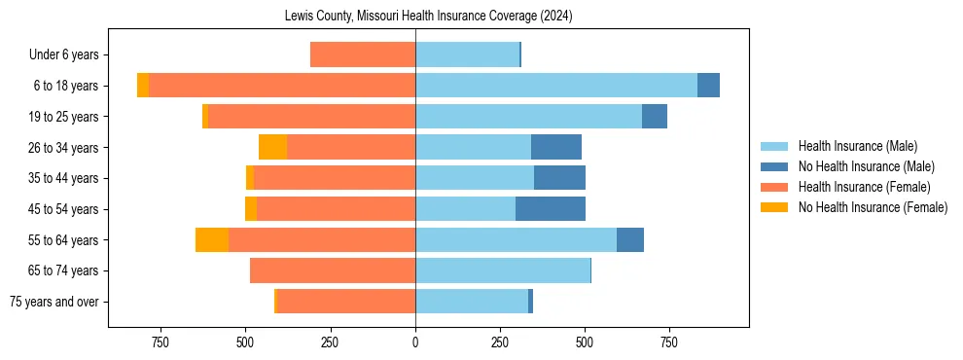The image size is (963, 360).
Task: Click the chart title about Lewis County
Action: click(429, 17)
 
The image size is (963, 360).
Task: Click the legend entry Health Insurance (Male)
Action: click(857, 146)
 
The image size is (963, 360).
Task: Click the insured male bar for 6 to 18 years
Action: click(555, 86)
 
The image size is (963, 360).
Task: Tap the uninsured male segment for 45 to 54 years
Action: click(550, 209)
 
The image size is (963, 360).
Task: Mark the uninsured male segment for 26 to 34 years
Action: click(555, 147)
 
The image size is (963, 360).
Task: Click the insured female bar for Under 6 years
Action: click(362, 55)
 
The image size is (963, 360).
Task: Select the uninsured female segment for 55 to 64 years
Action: click(211, 240)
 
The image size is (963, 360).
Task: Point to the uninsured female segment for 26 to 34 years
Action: click(272, 147)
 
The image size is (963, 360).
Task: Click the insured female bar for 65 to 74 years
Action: click(332, 270)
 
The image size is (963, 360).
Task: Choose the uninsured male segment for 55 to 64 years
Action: click(629, 240)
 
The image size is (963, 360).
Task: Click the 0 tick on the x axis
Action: click(415, 342)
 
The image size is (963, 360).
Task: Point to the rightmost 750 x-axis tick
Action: click(669, 342)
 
